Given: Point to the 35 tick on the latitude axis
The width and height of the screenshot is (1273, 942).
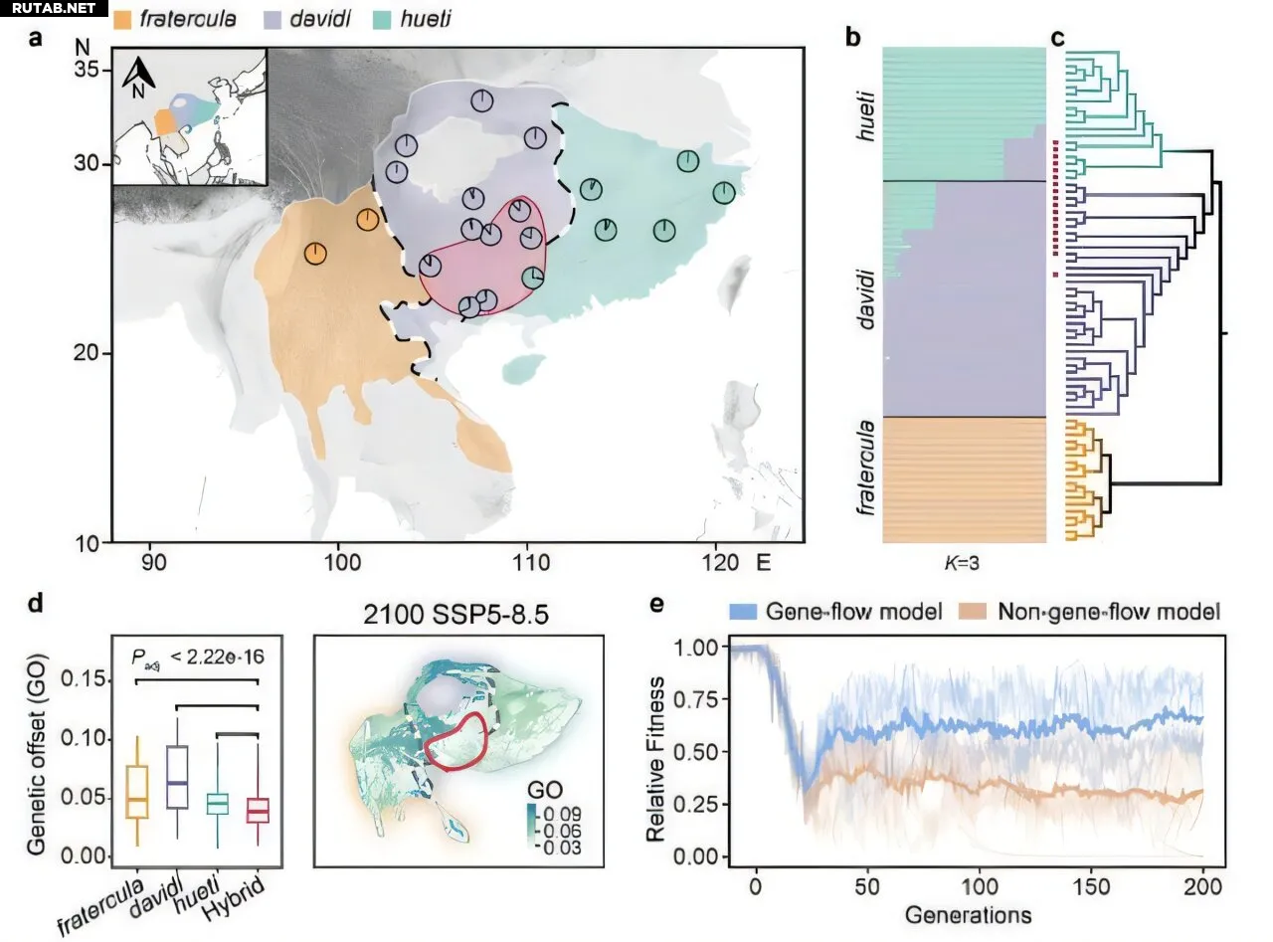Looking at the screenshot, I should (x=91, y=70).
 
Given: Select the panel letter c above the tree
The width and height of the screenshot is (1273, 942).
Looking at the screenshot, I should (x=1058, y=38).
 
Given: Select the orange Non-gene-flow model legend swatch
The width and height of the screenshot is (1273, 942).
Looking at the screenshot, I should (x=977, y=611).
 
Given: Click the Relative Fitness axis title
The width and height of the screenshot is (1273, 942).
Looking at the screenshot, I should (x=656, y=749).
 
